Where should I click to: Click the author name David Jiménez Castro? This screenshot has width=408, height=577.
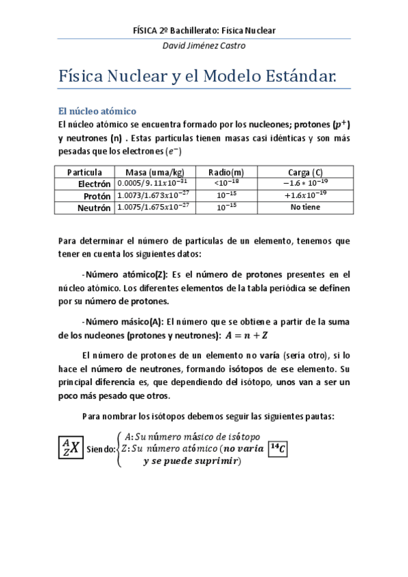coord(204,46)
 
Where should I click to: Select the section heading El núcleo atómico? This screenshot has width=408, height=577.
coord(97,110)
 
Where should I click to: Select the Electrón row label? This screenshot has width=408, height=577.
coord(94,184)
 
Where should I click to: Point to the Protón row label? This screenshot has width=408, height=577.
coord(96,196)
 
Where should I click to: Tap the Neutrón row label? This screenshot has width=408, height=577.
coord(94,208)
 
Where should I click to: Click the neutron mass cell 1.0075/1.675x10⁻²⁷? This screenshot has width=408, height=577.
coord(154,208)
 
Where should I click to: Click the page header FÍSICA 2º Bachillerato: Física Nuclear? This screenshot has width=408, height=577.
coord(204,31)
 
